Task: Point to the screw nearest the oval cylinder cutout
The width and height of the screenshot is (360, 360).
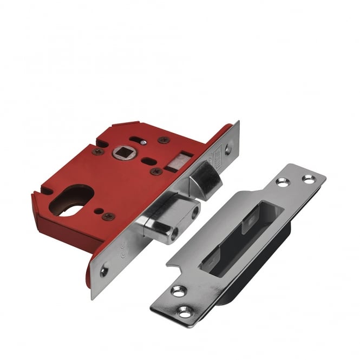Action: point(108,217)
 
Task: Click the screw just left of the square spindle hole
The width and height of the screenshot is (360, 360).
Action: point(98,152)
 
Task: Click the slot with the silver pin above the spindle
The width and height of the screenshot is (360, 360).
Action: point(140,142)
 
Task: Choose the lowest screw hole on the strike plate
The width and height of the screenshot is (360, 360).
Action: point(185,312)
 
